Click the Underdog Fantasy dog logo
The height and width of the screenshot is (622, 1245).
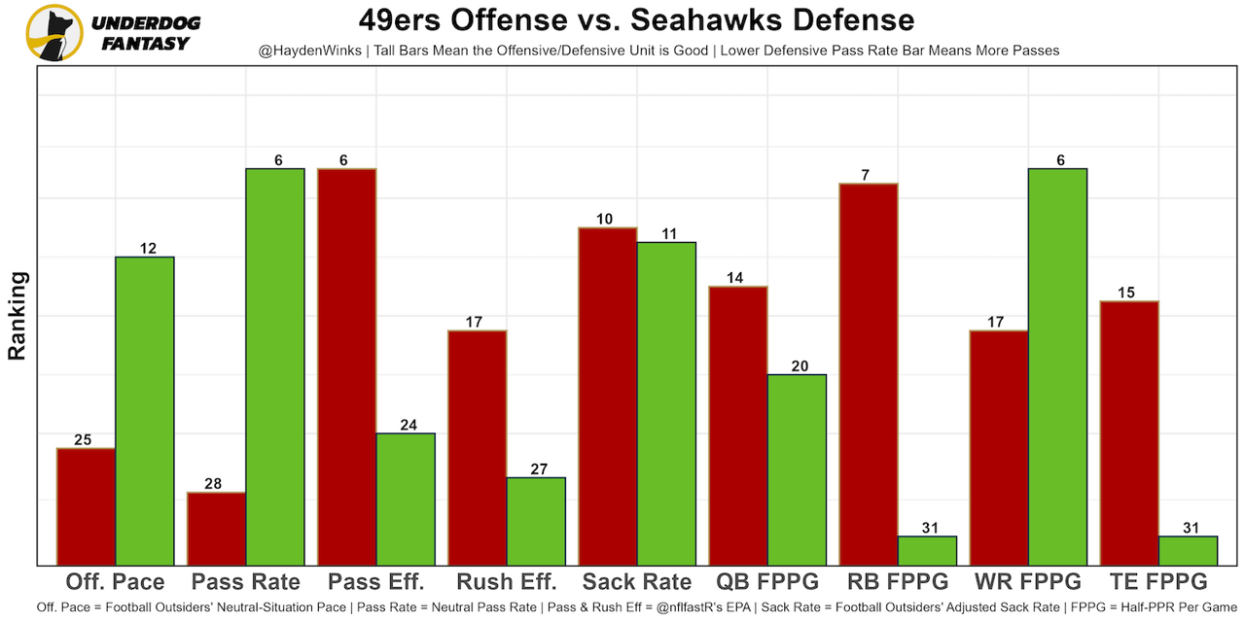pyautogui.click(x=54, y=32)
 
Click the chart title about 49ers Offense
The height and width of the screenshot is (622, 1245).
pyautogui.click(x=636, y=20)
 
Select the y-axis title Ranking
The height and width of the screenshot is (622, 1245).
pyautogui.click(x=18, y=316)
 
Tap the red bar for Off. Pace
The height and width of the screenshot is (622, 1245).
pyautogui.click(x=86, y=506)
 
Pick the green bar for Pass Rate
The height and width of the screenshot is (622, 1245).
pyautogui.click(x=275, y=366)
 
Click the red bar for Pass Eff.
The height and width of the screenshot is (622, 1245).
pyautogui.click(x=347, y=366)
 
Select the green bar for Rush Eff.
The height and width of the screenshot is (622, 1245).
pyautogui.click(x=536, y=521)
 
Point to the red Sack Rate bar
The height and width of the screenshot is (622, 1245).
pyautogui.click(x=608, y=396)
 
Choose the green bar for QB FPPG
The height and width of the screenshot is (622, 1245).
pyautogui.click(x=797, y=469)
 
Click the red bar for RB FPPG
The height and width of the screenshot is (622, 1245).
pyautogui.click(x=869, y=374)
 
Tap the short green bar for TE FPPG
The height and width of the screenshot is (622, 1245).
pyautogui.click(x=1188, y=550)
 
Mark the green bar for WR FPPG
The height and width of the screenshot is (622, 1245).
pyautogui.click(x=1057, y=366)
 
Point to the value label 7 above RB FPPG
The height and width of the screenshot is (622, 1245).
pyautogui.click(x=865, y=175)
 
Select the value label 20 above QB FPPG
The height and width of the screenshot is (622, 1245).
pyautogui.click(x=797, y=366)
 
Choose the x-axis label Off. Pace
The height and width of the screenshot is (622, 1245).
pyautogui.click(x=115, y=582)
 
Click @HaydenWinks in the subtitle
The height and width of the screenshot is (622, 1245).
pyautogui.click(x=301, y=50)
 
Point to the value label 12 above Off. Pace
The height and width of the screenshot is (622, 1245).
pyautogui.click(x=148, y=249)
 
